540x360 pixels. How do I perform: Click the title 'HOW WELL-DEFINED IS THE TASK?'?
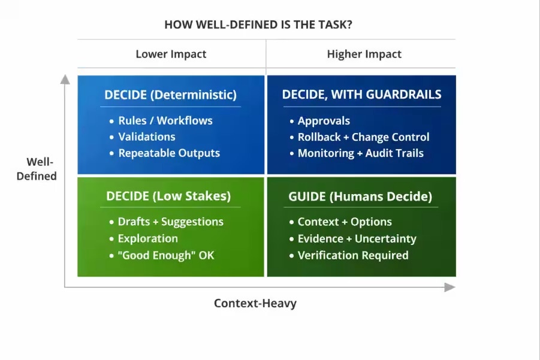(x=258, y=25)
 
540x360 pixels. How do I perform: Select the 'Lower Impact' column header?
(x=171, y=54)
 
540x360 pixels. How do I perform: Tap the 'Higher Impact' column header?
(x=364, y=54)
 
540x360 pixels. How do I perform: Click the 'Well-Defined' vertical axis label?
(x=37, y=169)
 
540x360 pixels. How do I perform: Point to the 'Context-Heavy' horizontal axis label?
(x=255, y=303)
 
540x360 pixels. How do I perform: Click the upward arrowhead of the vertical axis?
(x=65, y=80)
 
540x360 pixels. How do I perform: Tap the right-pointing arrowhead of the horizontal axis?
(x=450, y=287)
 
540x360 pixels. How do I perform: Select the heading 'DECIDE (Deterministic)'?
(x=170, y=95)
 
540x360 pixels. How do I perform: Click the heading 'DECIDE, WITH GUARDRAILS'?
(x=361, y=94)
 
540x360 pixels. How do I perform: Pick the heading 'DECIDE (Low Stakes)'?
(x=168, y=196)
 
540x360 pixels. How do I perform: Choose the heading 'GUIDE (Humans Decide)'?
(x=360, y=196)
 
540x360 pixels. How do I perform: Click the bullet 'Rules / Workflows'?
(x=165, y=120)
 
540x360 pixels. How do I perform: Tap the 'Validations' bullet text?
(x=147, y=137)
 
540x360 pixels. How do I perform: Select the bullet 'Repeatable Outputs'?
(x=169, y=153)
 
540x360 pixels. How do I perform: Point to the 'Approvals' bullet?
(x=324, y=121)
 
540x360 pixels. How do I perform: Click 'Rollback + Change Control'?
(x=363, y=137)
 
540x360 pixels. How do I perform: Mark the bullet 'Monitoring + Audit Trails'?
(x=361, y=153)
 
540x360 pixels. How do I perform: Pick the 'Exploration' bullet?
(x=148, y=238)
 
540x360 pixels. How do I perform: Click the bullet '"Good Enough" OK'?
(x=166, y=255)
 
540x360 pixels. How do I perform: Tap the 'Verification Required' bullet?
(x=353, y=255)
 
